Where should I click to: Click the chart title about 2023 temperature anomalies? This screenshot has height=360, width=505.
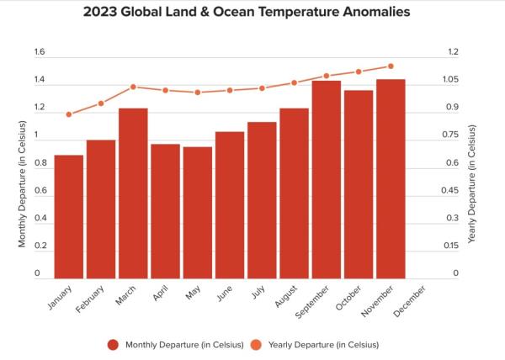(252, 13)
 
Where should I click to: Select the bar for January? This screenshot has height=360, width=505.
(69, 216)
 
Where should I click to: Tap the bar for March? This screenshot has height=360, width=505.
(133, 193)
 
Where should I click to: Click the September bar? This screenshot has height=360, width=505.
(327, 179)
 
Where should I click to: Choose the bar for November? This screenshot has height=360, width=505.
(391, 178)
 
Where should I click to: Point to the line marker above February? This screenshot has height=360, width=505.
(101, 103)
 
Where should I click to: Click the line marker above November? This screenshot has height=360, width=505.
(391, 66)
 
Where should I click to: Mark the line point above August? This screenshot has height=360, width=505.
(294, 82)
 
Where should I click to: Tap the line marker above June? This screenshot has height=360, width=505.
(230, 90)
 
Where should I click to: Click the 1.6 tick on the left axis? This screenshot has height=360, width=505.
(39, 52)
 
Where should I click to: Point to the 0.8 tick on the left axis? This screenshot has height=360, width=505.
(39, 163)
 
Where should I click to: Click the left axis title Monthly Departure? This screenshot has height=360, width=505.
(23, 185)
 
